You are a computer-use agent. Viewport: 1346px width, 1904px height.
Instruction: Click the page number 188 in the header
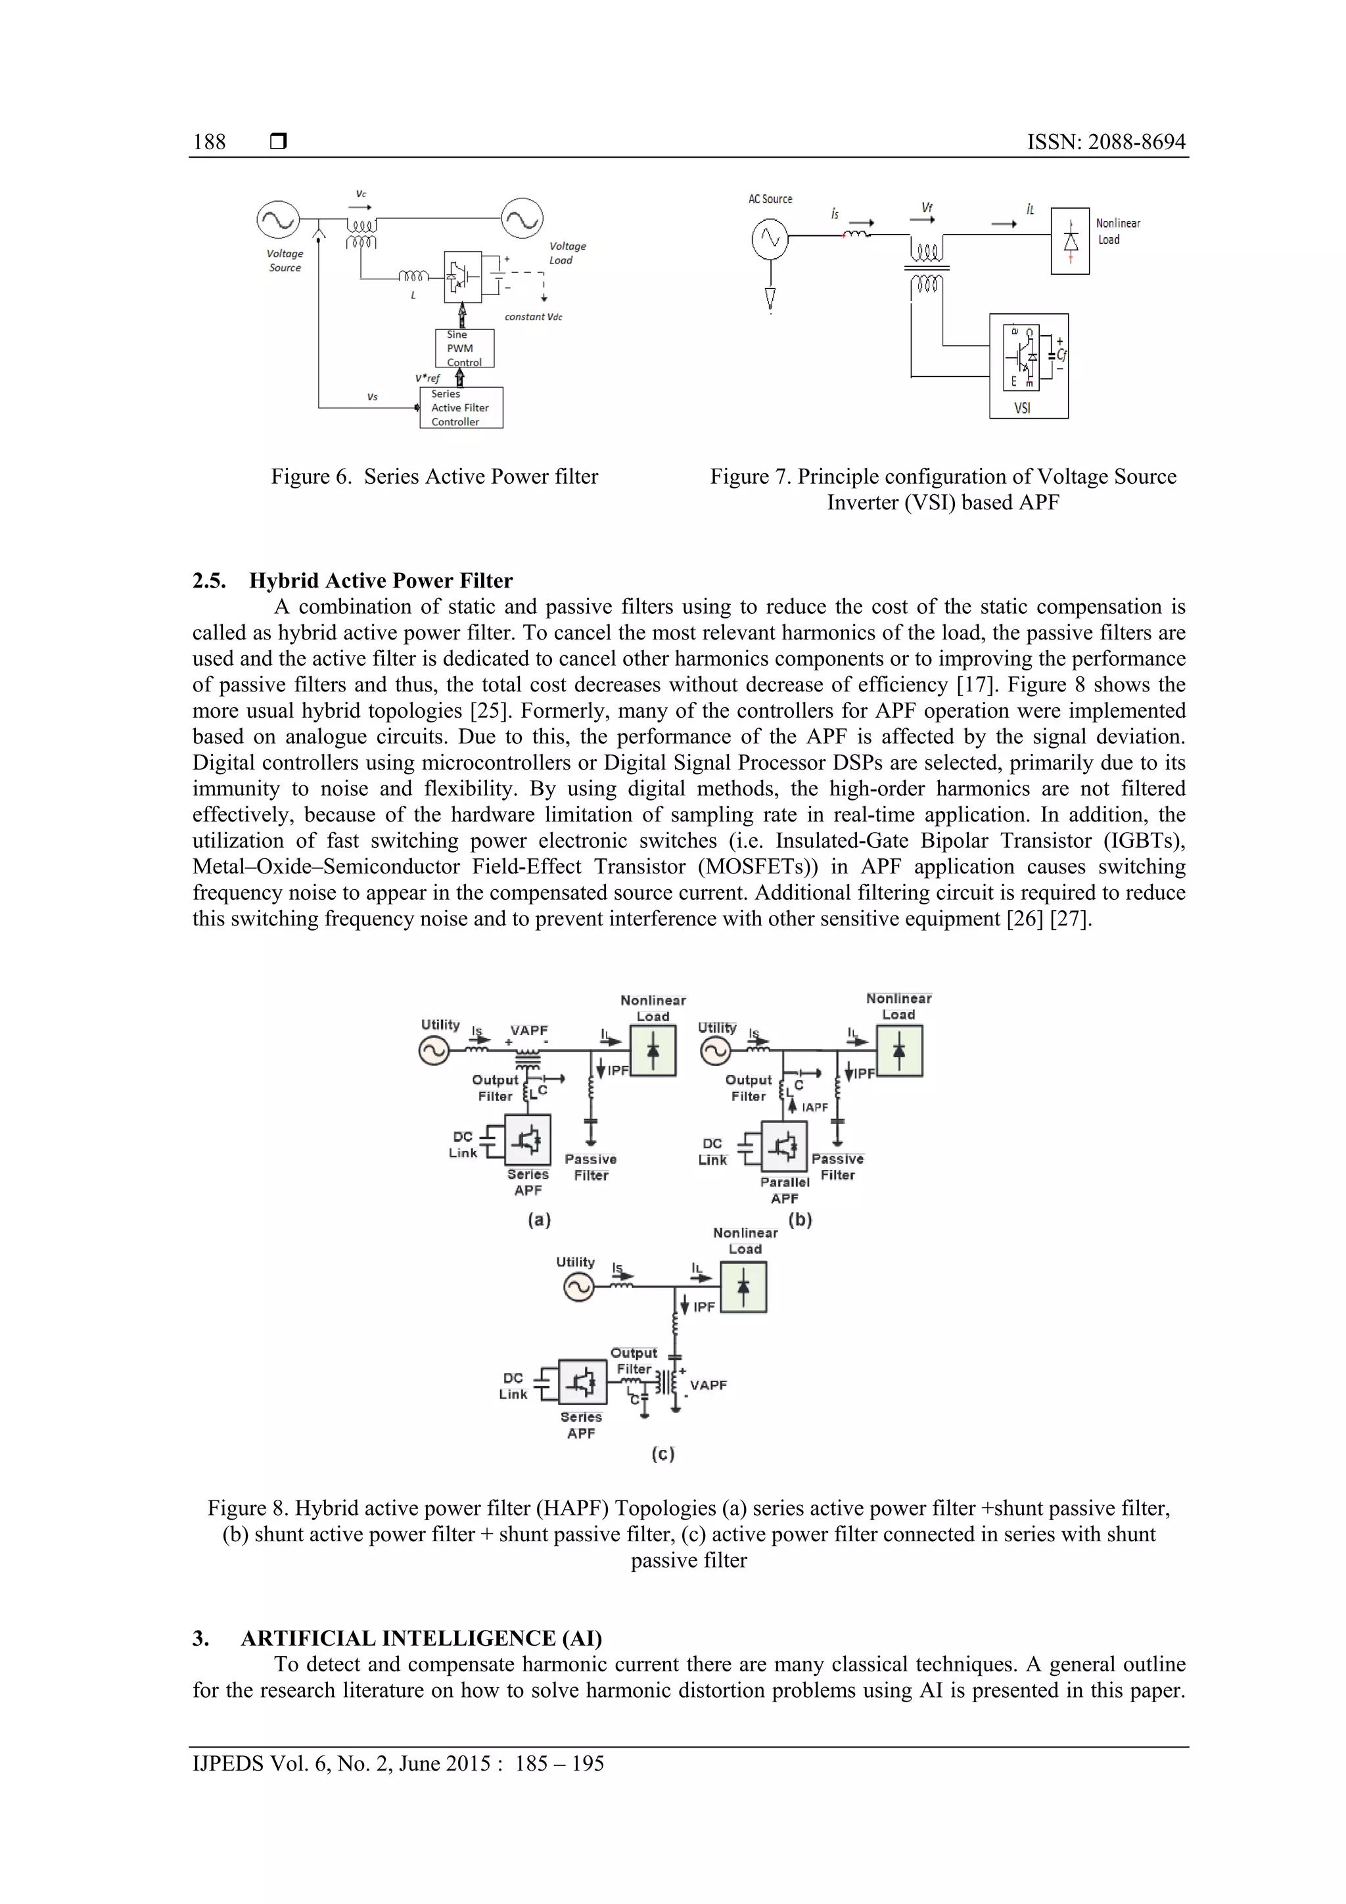[209, 142]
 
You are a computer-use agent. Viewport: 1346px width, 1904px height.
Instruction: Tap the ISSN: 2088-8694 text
[1105, 142]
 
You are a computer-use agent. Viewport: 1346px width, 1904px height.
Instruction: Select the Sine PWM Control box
[465, 348]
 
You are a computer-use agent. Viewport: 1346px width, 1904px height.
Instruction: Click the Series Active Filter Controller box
[461, 408]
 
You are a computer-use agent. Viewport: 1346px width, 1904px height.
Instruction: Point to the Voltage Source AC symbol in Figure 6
[278, 221]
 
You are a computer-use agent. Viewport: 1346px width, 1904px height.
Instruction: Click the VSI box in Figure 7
[1029, 365]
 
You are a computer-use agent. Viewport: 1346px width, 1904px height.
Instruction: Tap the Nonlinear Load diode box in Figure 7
[1070, 241]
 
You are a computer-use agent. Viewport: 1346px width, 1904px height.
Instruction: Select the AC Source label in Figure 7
[770, 199]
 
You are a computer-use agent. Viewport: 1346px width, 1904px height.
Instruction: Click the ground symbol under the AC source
[770, 298]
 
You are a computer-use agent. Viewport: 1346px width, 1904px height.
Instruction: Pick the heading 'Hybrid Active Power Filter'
[381, 580]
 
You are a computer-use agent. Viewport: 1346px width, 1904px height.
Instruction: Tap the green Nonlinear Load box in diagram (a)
[653, 1051]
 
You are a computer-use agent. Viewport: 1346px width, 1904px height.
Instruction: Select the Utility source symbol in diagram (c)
[578, 1288]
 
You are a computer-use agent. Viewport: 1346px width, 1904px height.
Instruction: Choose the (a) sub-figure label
[539, 1220]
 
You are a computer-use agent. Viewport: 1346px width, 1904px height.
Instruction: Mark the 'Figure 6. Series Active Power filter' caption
[434, 477]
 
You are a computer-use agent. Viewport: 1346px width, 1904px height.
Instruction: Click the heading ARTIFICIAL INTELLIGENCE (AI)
[421, 1638]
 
